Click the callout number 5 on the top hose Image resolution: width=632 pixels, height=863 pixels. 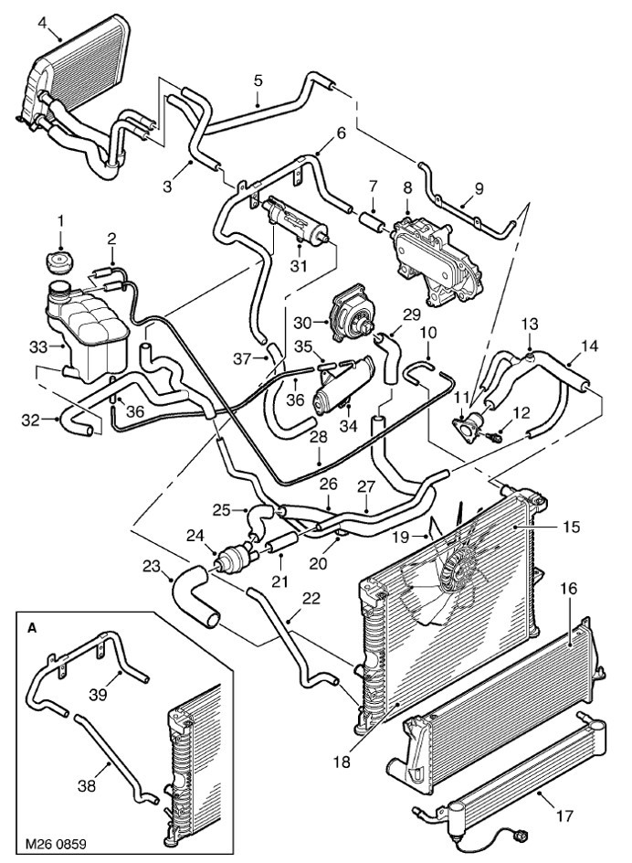coord(258,80)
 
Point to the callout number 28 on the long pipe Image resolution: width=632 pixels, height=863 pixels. coord(317,437)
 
